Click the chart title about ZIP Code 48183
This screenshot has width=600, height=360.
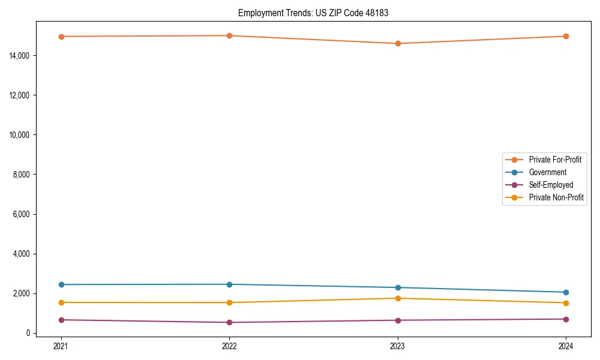[313, 13]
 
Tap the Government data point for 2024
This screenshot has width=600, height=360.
[566, 292]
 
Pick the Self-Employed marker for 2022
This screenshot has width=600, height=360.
[229, 322]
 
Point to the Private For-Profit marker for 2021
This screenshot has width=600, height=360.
[61, 37]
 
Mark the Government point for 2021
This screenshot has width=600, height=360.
[61, 284]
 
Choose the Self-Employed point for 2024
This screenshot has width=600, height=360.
[566, 319]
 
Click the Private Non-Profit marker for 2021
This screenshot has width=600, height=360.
[61, 302]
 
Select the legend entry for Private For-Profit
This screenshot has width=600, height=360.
[555, 160]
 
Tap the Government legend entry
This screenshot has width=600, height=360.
[547, 172]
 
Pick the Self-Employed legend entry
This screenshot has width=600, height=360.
[551, 185]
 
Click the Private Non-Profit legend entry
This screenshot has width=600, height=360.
[556, 197]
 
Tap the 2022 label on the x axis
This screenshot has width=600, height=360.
[229, 346]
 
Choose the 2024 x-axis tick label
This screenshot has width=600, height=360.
[566, 346]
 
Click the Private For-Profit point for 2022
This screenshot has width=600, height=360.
[229, 35]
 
